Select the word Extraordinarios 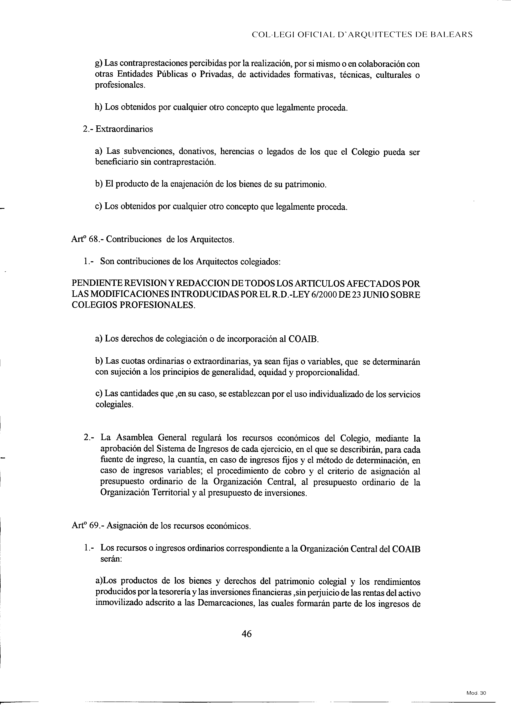coord(124,129)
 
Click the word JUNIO coord(373,295)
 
